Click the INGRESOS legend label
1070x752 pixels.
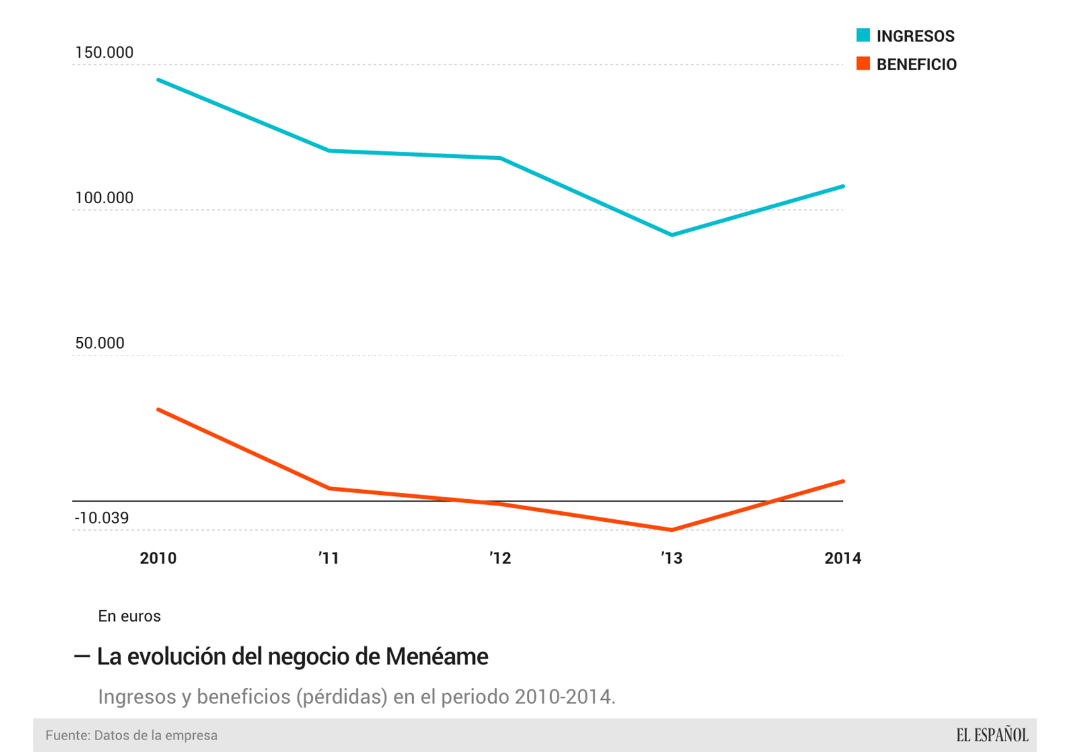coord(914,36)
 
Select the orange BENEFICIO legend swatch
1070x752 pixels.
coord(863,63)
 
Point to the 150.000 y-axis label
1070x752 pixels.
coord(104,53)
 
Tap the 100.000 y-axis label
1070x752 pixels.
coord(104,198)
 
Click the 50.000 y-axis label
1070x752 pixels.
coord(100,343)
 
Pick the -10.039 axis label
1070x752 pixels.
coord(102,518)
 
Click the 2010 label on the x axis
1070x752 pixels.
coord(158,558)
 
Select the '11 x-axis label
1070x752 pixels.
coord(329,558)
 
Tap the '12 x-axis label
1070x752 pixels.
coord(500,558)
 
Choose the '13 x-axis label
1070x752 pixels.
coord(671,558)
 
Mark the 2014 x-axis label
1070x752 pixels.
coord(842,558)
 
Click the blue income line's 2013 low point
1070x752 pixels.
coord(672,235)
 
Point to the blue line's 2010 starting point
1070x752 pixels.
coord(159,80)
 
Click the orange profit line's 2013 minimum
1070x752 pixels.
coord(672,530)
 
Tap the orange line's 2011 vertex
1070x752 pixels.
coord(329,488)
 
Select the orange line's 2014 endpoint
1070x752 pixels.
coord(842,481)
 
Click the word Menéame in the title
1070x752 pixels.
coord(437,657)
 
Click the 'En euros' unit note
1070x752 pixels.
coord(129,617)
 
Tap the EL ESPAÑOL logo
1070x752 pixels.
coord(992,735)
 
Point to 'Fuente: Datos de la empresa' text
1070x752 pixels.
coord(131,735)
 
